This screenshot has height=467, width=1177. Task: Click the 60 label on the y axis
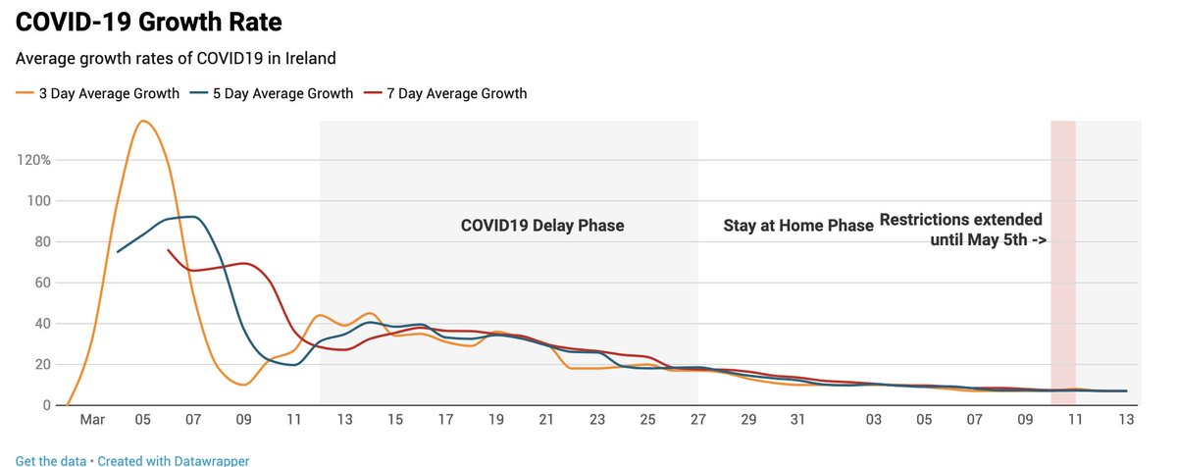(x=40, y=283)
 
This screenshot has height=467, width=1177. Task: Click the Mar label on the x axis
(x=92, y=421)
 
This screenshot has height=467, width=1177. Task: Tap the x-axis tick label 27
(x=697, y=421)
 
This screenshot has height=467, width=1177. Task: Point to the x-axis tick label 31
(x=798, y=421)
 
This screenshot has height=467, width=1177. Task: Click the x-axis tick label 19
(x=496, y=421)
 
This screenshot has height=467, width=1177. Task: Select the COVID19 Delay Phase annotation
(x=542, y=226)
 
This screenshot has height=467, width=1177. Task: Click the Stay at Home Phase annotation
(x=798, y=226)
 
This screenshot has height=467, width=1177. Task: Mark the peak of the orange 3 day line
(x=143, y=121)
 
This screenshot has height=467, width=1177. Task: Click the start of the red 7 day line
(x=169, y=250)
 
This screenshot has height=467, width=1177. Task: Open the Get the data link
(x=48, y=460)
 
